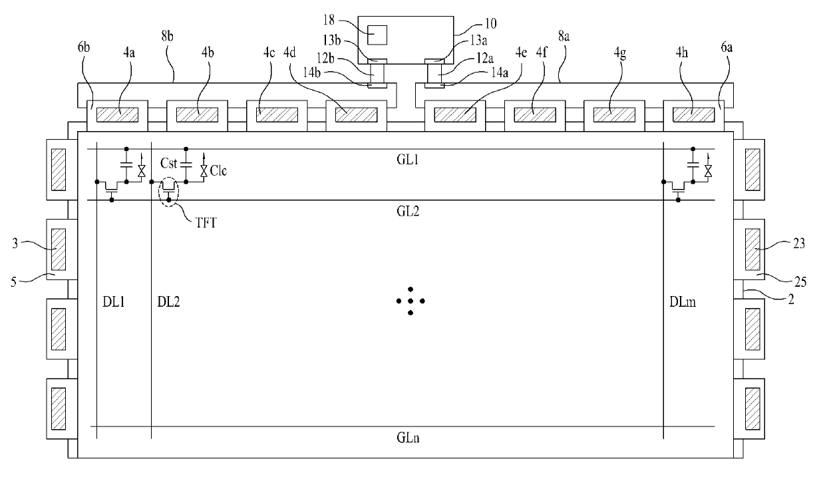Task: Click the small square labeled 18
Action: (x=377, y=35)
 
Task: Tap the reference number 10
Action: (x=490, y=23)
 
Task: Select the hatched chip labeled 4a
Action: (x=117, y=115)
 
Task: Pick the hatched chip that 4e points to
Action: (x=455, y=115)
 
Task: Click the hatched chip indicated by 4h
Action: (x=693, y=115)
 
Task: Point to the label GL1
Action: (x=407, y=160)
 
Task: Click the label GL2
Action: (x=408, y=211)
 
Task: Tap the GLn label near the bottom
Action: (x=408, y=438)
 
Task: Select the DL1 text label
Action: (x=113, y=302)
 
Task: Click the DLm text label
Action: (x=683, y=302)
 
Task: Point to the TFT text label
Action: (x=206, y=223)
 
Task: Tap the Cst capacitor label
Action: (x=169, y=163)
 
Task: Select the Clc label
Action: (x=218, y=170)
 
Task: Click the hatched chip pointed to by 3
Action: (x=58, y=250)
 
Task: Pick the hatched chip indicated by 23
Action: (x=752, y=250)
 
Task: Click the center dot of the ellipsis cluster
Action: (x=411, y=301)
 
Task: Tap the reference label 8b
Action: (x=167, y=36)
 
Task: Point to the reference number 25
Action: (x=800, y=282)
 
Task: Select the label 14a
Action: (x=500, y=73)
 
